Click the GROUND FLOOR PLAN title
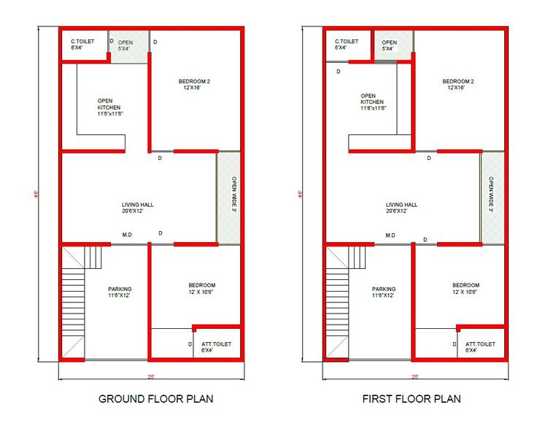coord(156,398)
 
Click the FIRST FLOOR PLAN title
coord(412,398)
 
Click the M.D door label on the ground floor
coord(127,235)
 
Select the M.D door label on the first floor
coord(390,235)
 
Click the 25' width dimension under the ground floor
coord(151,376)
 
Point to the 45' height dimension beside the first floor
coord(301,194)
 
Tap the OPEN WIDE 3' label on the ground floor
coord(234,194)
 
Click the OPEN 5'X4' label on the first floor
coord(389,45)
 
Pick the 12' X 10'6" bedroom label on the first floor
coord(465,292)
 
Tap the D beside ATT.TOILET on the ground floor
coord(190,344)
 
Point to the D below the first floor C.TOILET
coord(339,72)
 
